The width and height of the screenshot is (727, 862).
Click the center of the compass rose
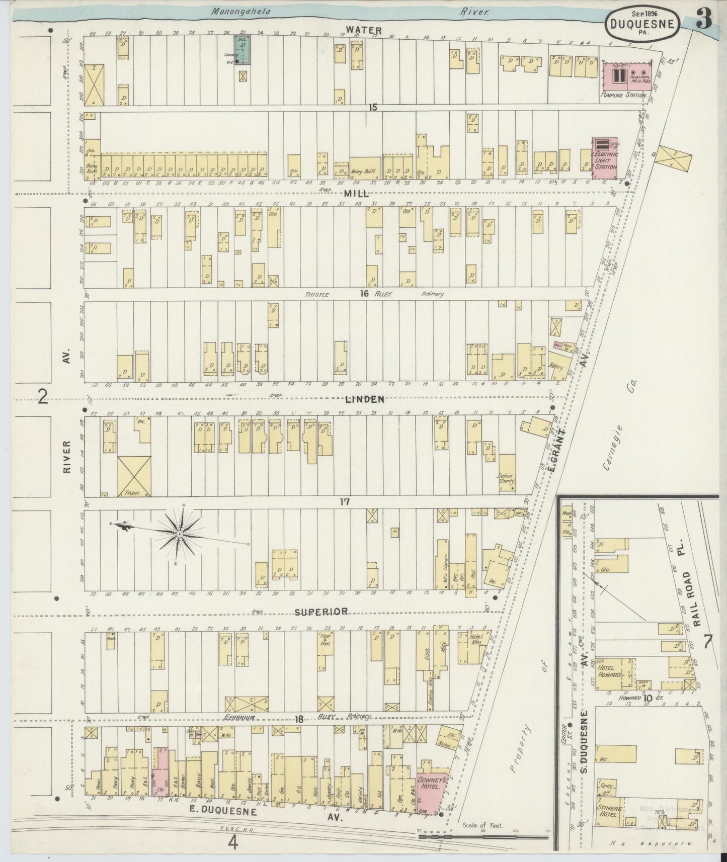tap(180, 533)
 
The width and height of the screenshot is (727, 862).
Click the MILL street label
tap(357, 193)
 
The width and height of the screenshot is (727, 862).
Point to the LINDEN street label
tap(365, 399)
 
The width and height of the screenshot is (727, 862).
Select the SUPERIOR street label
tap(321, 612)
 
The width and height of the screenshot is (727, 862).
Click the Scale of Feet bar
tap(483, 837)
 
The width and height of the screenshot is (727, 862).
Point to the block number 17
tap(344, 501)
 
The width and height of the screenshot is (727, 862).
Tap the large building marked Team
tap(134, 476)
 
